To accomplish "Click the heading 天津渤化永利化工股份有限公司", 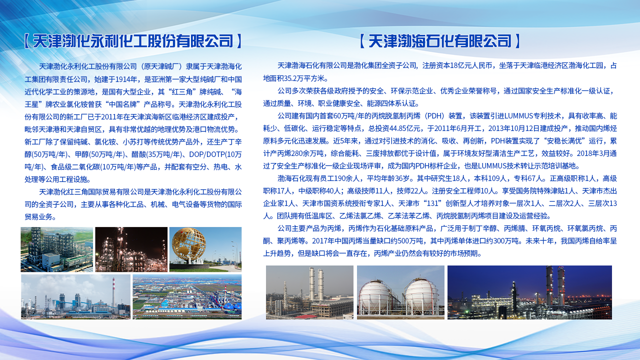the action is (x=133, y=41).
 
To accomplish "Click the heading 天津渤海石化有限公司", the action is (x=439, y=41).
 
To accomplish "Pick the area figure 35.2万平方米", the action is (x=303, y=78).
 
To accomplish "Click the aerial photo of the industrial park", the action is (x=187, y=297).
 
